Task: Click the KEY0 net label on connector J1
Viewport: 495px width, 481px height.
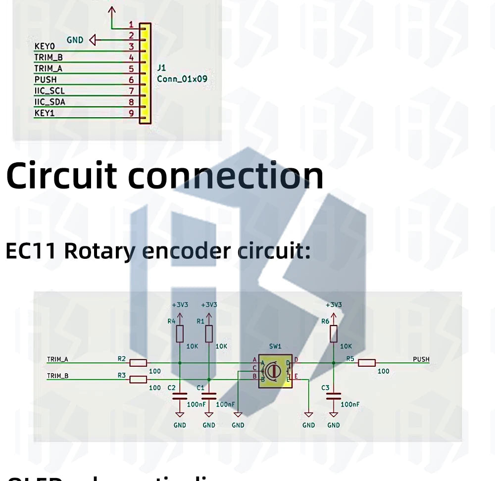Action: point(44,47)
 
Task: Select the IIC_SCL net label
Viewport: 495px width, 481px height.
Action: point(49,91)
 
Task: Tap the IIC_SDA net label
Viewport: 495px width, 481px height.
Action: point(49,102)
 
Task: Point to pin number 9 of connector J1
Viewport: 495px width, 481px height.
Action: point(131,113)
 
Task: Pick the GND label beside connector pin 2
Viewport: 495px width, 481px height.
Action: point(75,40)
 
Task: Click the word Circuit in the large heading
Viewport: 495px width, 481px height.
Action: point(61,176)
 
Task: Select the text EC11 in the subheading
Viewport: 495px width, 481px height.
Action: point(31,251)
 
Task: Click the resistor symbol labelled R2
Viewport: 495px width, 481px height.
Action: point(138,363)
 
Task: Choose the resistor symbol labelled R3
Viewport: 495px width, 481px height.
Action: point(138,380)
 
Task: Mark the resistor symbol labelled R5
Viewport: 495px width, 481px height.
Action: point(367,363)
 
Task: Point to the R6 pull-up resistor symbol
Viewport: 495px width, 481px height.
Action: point(334,334)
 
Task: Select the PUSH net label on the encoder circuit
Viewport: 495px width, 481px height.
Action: point(421,359)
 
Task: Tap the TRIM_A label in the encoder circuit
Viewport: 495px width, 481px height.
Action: point(57,359)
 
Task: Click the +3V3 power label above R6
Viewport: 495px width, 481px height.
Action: point(334,305)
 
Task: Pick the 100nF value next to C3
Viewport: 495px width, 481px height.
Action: point(350,404)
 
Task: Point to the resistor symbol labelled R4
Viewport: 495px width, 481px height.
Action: point(180,334)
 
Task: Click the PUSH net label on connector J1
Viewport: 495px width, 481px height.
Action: point(46,80)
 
